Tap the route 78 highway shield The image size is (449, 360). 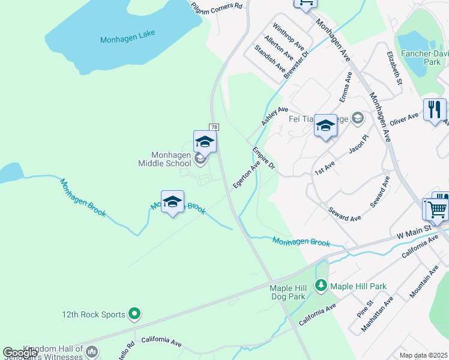[x=213, y=127]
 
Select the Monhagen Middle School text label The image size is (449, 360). [x=164, y=159]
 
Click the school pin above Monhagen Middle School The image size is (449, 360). [x=205, y=143]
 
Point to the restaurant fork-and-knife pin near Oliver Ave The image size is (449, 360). [x=435, y=110]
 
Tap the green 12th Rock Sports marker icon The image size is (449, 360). [x=134, y=313]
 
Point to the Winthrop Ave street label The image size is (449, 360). [x=289, y=37]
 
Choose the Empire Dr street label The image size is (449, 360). [x=263, y=158]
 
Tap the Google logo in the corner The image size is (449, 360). [x=20, y=353]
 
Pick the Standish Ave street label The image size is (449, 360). [x=270, y=62]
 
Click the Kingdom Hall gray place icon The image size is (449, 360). [x=91, y=351]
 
